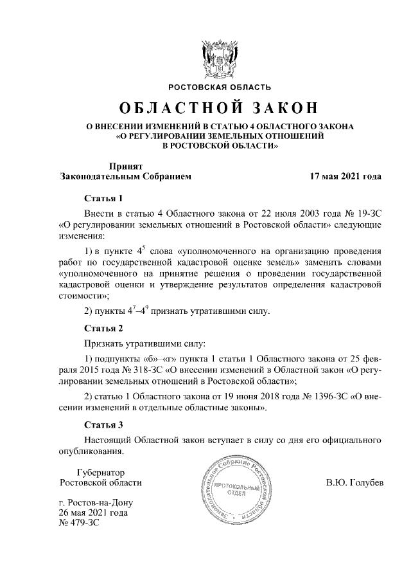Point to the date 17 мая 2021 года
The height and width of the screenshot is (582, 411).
point(345,176)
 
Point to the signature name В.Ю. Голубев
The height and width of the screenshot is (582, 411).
point(354,482)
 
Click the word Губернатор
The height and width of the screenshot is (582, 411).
point(100,471)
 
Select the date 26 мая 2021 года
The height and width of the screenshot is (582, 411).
point(92,513)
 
